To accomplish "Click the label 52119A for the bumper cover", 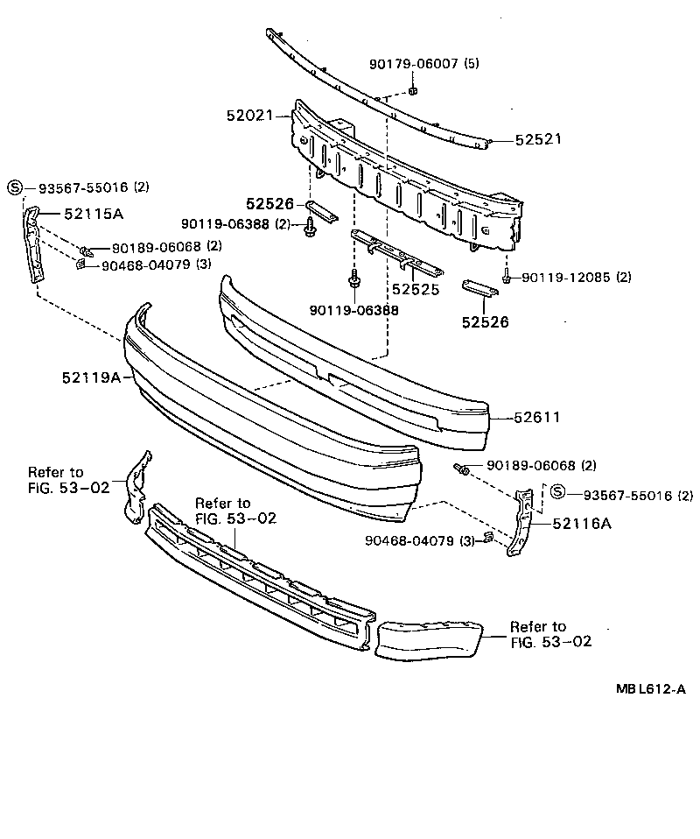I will (90, 377).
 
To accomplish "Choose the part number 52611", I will (537, 418).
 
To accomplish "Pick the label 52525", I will (415, 288).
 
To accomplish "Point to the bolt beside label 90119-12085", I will (507, 278).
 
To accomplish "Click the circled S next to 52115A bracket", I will (14, 187).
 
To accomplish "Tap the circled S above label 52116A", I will (559, 495).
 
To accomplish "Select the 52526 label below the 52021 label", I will (269, 204).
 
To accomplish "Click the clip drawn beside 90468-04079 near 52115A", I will (80, 264).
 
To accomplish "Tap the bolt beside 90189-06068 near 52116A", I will (461, 471).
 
